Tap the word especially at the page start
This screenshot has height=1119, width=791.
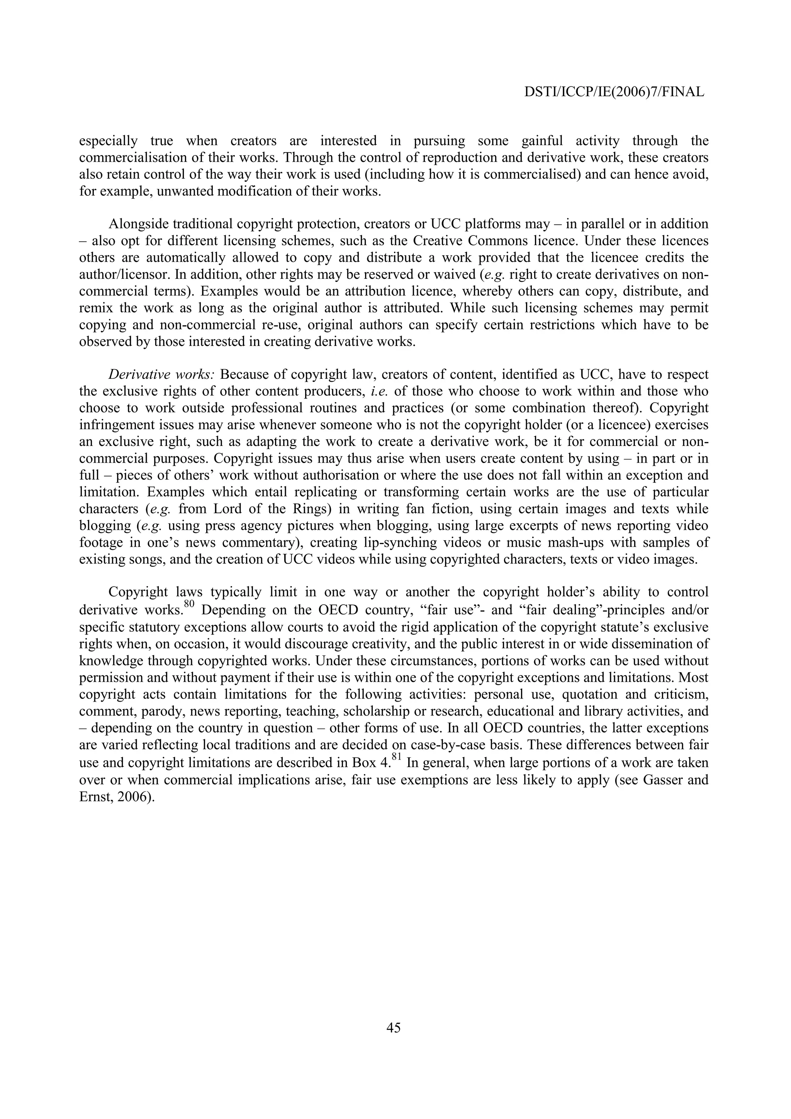108,141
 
